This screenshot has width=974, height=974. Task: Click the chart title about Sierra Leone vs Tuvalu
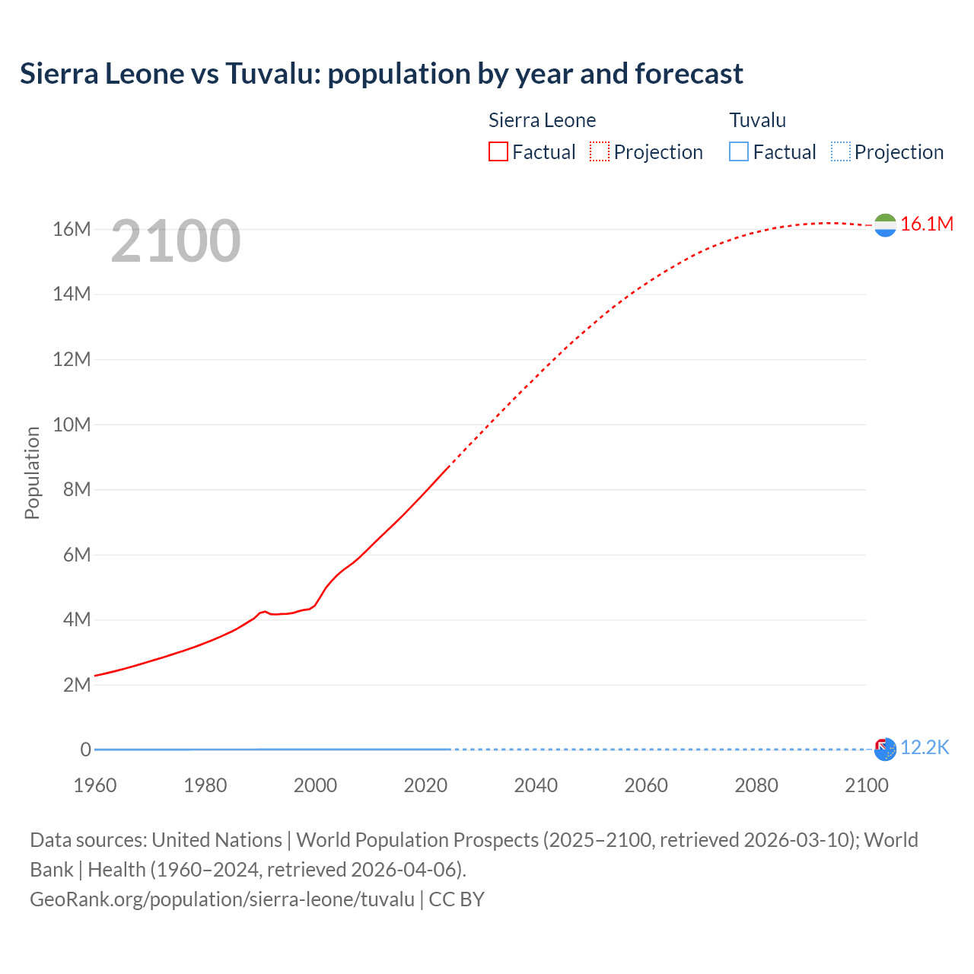click(381, 74)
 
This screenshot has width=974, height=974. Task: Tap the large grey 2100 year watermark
click(176, 241)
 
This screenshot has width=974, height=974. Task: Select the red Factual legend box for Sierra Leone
click(498, 151)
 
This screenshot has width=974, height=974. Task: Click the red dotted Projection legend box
click(600, 151)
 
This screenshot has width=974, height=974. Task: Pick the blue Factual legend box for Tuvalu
click(739, 151)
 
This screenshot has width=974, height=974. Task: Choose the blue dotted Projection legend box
click(841, 151)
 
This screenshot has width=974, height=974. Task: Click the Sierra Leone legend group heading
click(542, 120)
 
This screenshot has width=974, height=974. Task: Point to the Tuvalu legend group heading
click(757, 120)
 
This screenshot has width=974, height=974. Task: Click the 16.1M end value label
click(926, 224)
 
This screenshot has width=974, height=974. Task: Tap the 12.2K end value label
click(925, 748)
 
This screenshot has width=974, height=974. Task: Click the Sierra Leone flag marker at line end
click(885, 224)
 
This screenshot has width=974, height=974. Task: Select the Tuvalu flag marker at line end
click(885, 750)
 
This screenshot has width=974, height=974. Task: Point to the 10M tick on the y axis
click(72, 425)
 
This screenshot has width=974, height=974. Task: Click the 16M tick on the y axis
click(72, 229)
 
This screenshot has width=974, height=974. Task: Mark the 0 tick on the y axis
click(85, 750)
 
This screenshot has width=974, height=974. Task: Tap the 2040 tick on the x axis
click(536, 785)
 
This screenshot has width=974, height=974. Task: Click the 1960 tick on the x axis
click(95, 785)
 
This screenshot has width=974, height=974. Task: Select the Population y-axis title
click(32, 473)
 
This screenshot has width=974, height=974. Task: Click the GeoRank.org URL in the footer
click(222, 899)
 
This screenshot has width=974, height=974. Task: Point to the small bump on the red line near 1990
click(264, 612)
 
